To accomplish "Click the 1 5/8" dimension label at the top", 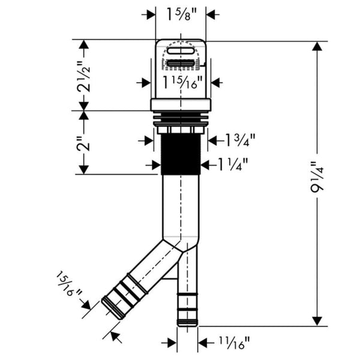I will coord(181,13).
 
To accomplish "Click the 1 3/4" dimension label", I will coord(239,140).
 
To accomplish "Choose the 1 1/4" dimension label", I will coord(234,163).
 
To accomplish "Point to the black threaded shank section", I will coord(181,153).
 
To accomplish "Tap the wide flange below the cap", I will coord(181,106).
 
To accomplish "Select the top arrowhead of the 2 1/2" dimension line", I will coord(85,44).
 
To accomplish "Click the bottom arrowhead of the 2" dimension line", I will coord(85,170).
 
